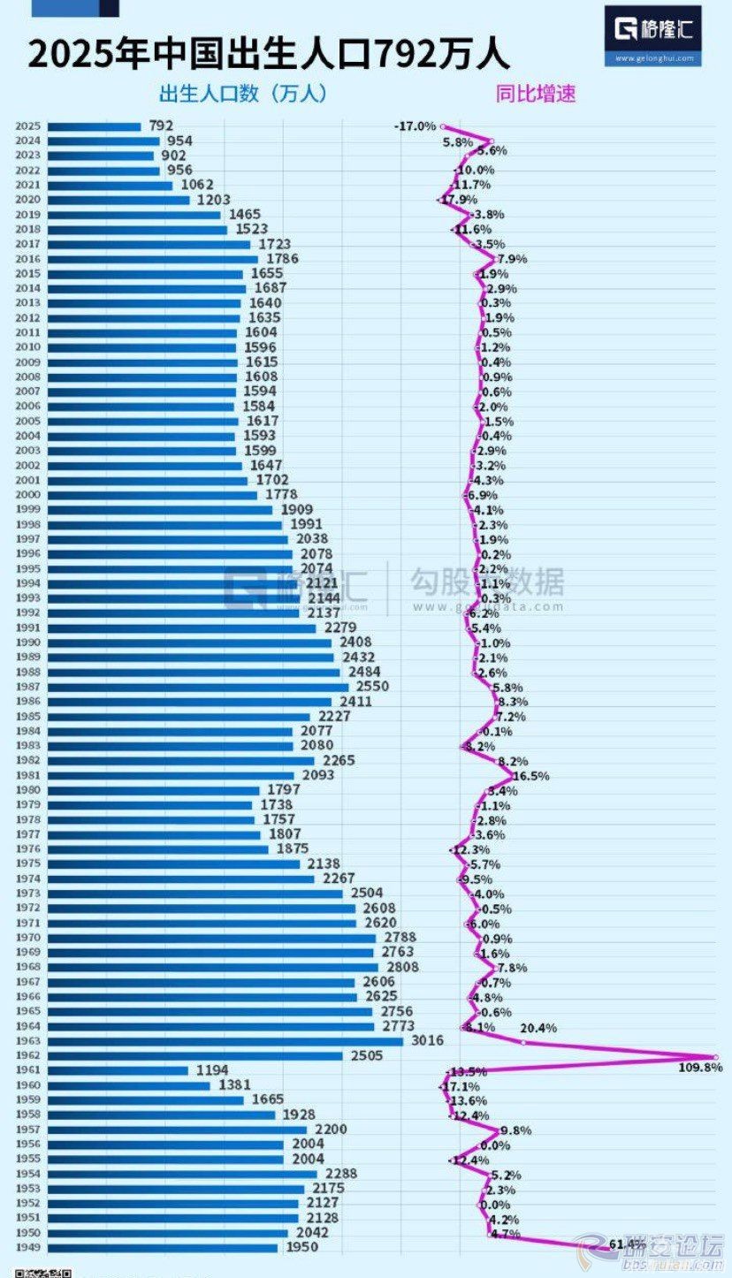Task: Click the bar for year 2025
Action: tap(94, 126)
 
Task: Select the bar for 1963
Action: tap(225, 1041)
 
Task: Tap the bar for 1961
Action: tap(118, 1070)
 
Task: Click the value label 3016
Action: tap(427, 1041)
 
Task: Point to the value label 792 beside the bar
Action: tap(161, 126)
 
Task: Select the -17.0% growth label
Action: tap(416, 126)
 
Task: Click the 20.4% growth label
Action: tap(538, 1028)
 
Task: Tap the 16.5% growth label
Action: tap(530, 776)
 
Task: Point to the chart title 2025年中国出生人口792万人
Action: tap(269, 55)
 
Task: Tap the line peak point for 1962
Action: tap(715, 1056)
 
